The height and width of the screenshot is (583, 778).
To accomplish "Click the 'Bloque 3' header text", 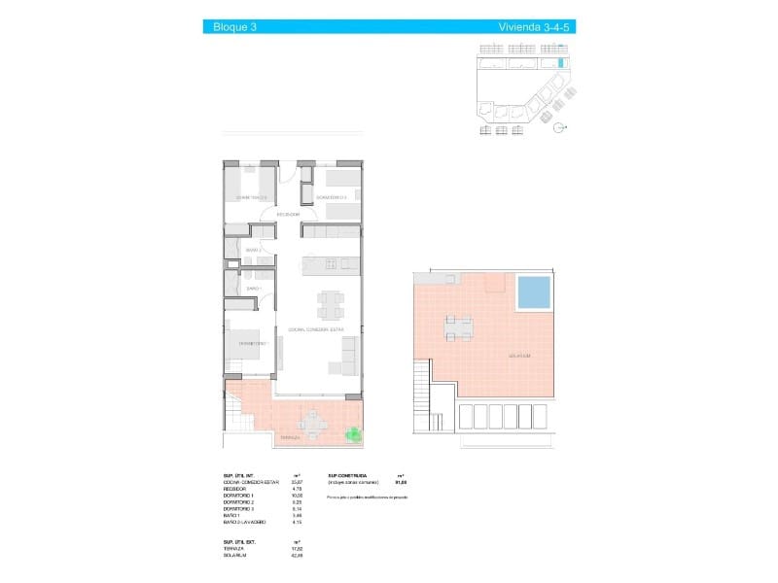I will pos(234,27).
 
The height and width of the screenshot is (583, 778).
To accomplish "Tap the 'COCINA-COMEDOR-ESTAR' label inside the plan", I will pos(316,329).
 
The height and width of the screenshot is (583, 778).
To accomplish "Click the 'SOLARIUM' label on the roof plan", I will pos(518,356).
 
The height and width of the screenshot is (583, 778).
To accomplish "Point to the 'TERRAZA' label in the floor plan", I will pos(290,438).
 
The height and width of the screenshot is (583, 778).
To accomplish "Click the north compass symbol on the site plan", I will pos(557,127).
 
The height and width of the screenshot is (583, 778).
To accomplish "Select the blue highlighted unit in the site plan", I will pos(560,63).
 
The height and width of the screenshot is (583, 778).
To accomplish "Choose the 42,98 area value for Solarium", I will pos(297,556).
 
